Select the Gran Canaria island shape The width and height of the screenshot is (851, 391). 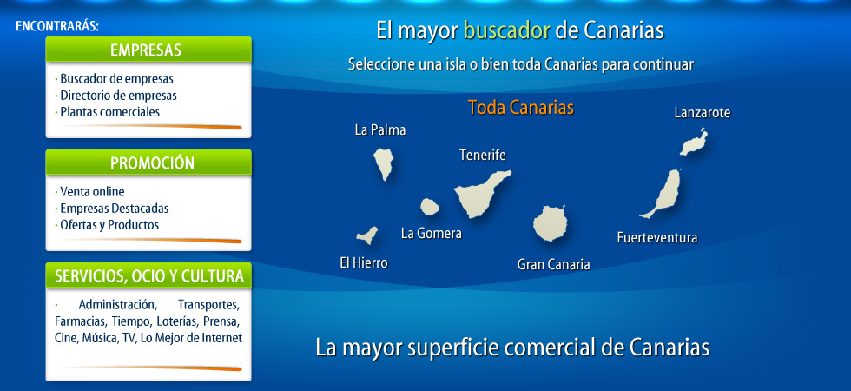(550, 223)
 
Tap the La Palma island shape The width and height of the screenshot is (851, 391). (383, 163)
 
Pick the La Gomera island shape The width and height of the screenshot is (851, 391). (429, 207)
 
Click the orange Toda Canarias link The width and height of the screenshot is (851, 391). (520, 108)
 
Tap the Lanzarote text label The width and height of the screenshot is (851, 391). (703, 113)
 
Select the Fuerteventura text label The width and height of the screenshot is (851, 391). (657, 238)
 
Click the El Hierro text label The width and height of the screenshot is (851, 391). (364, 263)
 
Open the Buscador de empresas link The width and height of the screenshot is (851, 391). (116, 79)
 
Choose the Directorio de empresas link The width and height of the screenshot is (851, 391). (118, 96)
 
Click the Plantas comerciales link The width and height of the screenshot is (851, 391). (110, 112)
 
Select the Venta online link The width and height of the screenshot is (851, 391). (92, 192)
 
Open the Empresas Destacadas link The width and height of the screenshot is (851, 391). (115, 209)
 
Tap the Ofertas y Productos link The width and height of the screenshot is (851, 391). (109, 225)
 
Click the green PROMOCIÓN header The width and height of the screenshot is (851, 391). (148, 162)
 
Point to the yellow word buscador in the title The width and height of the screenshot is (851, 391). (507, 31)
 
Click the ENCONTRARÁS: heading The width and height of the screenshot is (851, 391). (57, 26)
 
